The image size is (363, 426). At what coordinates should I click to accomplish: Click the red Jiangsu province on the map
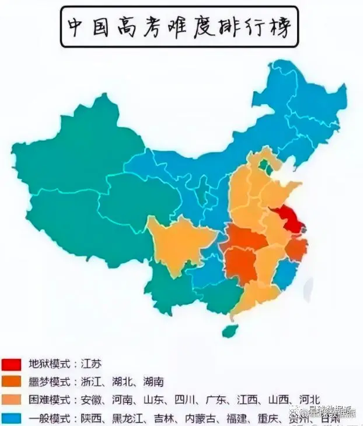285,219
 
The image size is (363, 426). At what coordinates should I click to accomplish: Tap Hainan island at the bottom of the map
230,331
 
